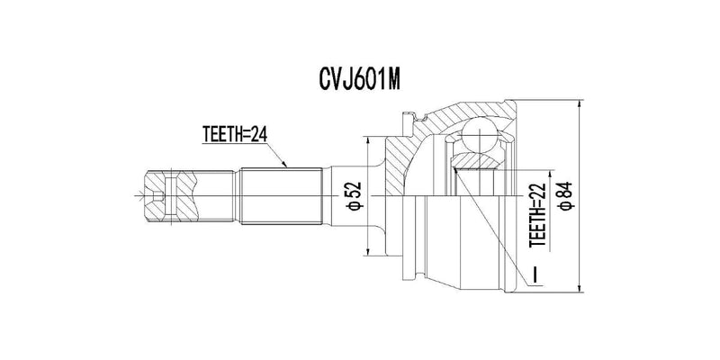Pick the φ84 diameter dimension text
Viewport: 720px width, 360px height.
point(564,195)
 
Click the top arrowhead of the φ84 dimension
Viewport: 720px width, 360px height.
point(576,100)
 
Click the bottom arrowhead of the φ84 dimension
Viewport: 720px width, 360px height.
point(576,289)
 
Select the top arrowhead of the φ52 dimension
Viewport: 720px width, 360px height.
point(370,138)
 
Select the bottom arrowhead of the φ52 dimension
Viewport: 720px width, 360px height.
point(370,251)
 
